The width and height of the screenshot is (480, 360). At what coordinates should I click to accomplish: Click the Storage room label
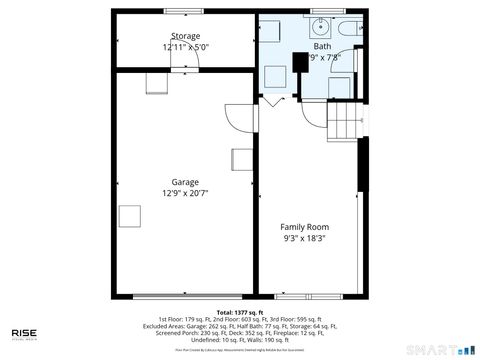pyautogui.click(x=184, y=36)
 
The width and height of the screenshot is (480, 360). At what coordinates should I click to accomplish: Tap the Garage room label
pyautogui.click(x=184, y=182)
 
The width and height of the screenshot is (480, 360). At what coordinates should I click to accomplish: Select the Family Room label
pyautogui.click(x=304, y=227)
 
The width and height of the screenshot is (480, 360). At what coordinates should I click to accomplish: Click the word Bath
pyautogui.click(x=322, y=46)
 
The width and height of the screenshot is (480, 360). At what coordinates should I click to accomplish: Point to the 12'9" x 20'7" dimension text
pyautogui.click(x=184, y=193)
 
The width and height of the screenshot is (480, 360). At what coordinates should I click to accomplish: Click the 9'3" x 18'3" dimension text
pyautogui.click(x=304, y=239)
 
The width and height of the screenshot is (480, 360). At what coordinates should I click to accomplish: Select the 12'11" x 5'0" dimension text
pyautogui.click(x=184, y=47)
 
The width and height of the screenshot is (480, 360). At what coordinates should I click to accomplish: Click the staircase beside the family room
pyautogui.click(x=344, y=122)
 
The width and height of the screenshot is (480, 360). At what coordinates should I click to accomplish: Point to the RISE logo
pyautogui.click(x=24, y=334)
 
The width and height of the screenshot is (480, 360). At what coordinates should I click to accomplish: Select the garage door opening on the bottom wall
pyautogui.click(x=184, y=296)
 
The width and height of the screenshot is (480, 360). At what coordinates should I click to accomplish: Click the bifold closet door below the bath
pyautogui.click(x=272, y=102)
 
